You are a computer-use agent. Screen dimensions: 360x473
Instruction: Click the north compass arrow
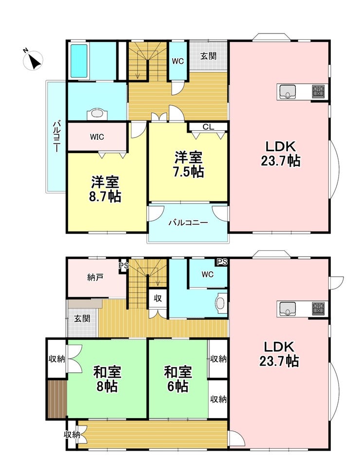[36, 61]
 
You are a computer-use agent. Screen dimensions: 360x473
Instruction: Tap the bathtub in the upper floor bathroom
[79, 61]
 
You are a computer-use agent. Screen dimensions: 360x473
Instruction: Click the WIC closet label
[97, 137]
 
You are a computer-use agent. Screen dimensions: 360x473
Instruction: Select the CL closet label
[208, 127]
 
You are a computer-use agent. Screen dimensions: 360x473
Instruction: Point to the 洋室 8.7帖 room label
[105, 189]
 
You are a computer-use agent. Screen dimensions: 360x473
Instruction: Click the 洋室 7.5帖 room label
[188, 164]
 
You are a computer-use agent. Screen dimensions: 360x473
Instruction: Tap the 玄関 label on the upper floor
[209, 56]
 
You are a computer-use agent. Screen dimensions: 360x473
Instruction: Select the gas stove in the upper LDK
[319, 91]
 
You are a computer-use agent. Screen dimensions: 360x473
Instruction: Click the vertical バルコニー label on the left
[57, 137]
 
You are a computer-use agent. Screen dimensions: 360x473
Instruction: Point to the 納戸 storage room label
[95, 277]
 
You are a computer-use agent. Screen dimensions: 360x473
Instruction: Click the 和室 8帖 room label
[107, 379]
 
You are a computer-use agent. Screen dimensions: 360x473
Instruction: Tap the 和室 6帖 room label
[178, 379]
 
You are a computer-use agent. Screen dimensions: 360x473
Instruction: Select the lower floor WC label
[208, 274]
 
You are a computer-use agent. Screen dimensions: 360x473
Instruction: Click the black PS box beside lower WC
[222, 262]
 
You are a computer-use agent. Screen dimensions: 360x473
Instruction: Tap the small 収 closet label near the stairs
[158, 298]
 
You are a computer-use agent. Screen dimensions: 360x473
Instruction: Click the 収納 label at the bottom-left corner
[72, 435]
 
